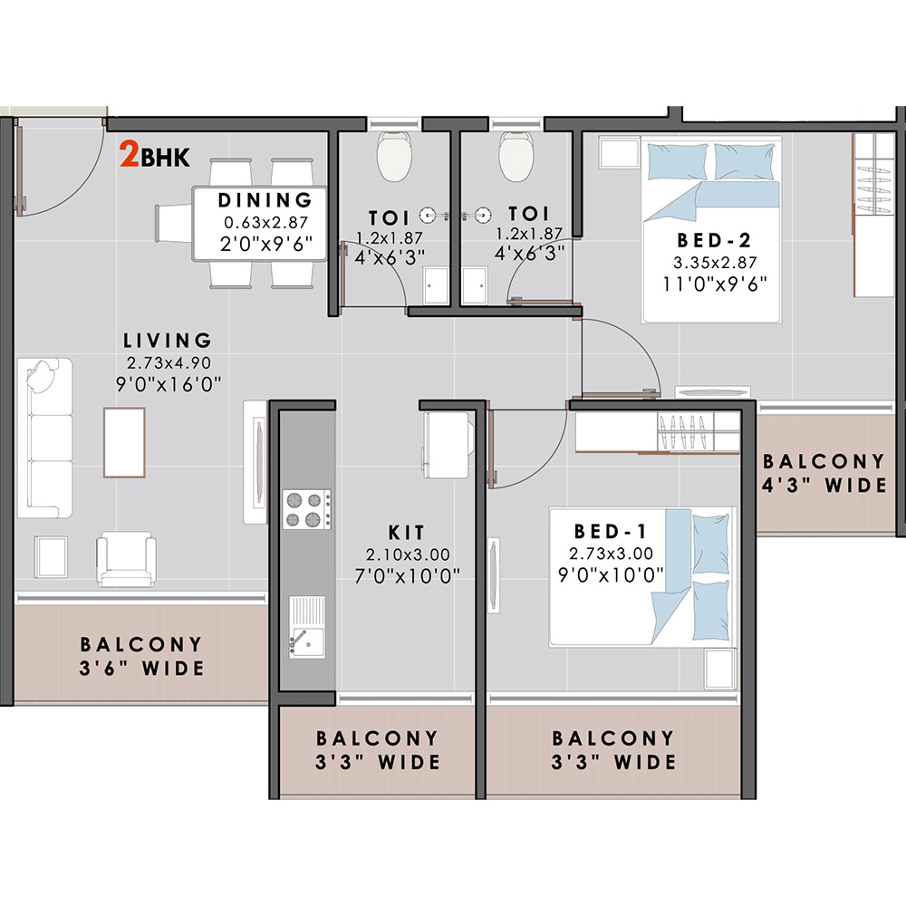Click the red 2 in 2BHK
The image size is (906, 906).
(x=129, y=155)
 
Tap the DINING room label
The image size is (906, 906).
(x=265, y=200)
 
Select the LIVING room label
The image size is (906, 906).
(x=168, y=341)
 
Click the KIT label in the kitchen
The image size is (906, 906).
(x=407, y=532)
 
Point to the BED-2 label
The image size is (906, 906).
(x=714, y=240)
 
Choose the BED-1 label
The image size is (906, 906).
(x=611, y=531)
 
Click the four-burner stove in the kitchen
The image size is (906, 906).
(x=307, y=509)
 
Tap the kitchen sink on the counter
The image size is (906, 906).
(x=307, y=627)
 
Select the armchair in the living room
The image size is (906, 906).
(x=126, y=559)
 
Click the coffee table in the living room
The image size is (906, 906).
(x=124, y=443)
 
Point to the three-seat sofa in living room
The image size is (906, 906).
(x=45, y=438)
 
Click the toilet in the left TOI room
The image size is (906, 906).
(x=394, y=156)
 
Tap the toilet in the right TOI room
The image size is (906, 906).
(x=516, y=156)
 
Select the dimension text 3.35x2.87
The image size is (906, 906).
(x=715, y=263)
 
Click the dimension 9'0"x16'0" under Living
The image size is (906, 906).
(x=169, y=384)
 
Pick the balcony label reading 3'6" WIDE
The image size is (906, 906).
(x=141, y=668)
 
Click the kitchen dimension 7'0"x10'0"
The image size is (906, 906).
(x=408, y=576)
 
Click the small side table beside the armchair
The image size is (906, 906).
(x=51, y=556)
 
